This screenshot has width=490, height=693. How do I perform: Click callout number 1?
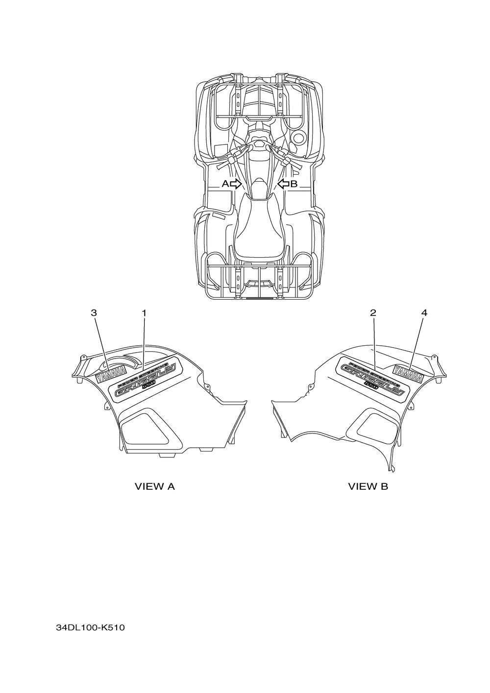point(144,312)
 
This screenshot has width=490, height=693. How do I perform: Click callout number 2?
point(373,312)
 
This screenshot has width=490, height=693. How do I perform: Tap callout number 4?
point(424,312)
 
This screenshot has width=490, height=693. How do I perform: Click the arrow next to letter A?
point(236,184)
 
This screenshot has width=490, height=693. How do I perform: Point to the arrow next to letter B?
point(283,184)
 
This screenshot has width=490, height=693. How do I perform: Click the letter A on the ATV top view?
point(225,184)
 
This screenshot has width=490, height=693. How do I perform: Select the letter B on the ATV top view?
point(294,184)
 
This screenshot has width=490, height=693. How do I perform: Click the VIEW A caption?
point(155,486)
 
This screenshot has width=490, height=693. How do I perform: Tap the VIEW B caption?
point(368,486)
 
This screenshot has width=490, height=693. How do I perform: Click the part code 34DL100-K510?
point(91,628)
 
